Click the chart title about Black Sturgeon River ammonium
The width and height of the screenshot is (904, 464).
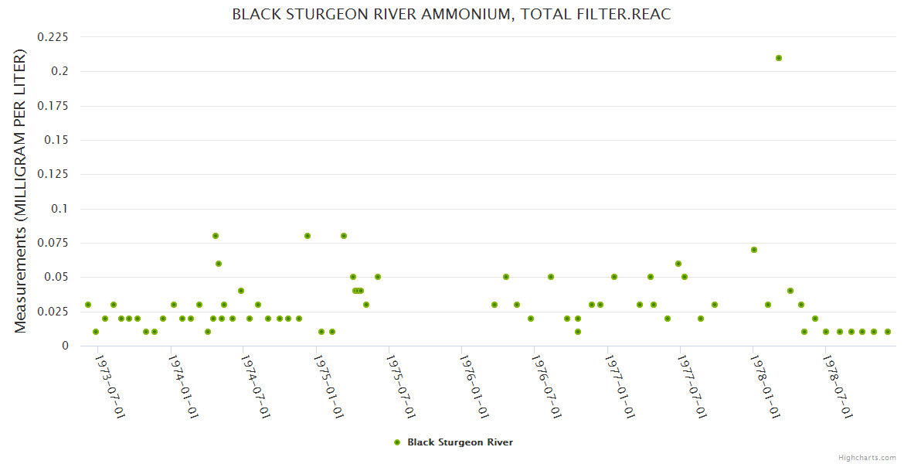coord(451,15)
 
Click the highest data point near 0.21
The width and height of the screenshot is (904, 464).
coord(779,58)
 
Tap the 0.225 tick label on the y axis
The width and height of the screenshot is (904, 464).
coord(53,37)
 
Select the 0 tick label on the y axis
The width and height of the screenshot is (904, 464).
coord(65,346)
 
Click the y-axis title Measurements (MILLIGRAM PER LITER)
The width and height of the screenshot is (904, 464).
coord(21,191)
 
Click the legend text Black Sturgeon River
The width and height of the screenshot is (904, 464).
coord(460,442)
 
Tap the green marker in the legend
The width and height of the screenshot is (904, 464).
coord(397,442)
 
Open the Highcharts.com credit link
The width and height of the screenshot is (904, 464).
coord(867,457)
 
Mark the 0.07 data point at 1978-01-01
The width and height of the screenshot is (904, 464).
coord(753,250)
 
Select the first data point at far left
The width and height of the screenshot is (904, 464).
coord(88,305)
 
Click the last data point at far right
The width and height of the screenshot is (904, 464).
coord(888,332)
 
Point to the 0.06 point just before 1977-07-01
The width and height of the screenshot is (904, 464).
coord(678,264)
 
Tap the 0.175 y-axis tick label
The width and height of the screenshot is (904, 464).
coord(53,106)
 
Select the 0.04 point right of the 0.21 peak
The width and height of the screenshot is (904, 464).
coord(790,291)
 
